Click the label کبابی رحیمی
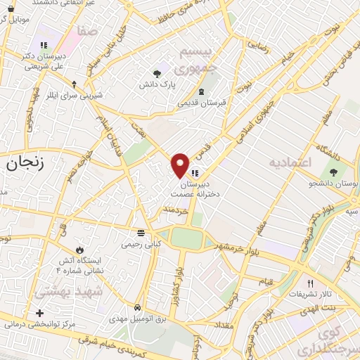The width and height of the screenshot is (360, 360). [142, 243]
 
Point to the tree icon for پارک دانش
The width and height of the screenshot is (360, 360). [156, 72]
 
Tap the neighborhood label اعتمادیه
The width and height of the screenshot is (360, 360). [289, 163]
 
